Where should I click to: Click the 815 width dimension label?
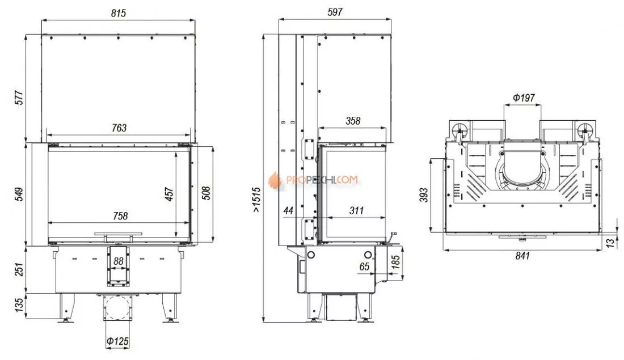(118, 12)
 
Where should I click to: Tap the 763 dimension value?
(118, 128)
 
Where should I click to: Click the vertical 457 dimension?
(168, 194)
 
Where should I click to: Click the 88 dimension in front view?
(118, 261)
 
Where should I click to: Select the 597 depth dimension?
(335, 12)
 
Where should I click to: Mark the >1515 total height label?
(256, 200)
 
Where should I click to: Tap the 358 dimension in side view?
(352, 121)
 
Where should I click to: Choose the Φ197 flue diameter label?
(523, 98)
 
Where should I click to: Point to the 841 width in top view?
(522, 256)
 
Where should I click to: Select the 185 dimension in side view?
(396, 262)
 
